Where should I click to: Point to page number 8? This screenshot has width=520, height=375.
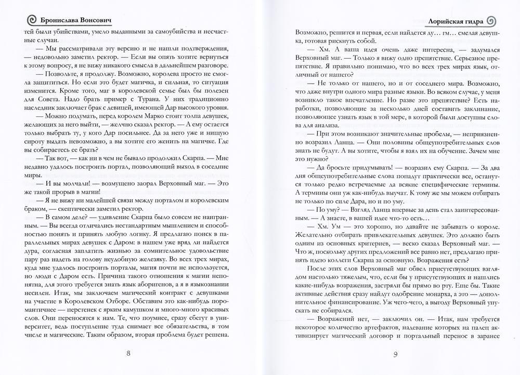(129, 355)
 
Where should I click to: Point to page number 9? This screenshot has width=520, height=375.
(395, 355)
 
